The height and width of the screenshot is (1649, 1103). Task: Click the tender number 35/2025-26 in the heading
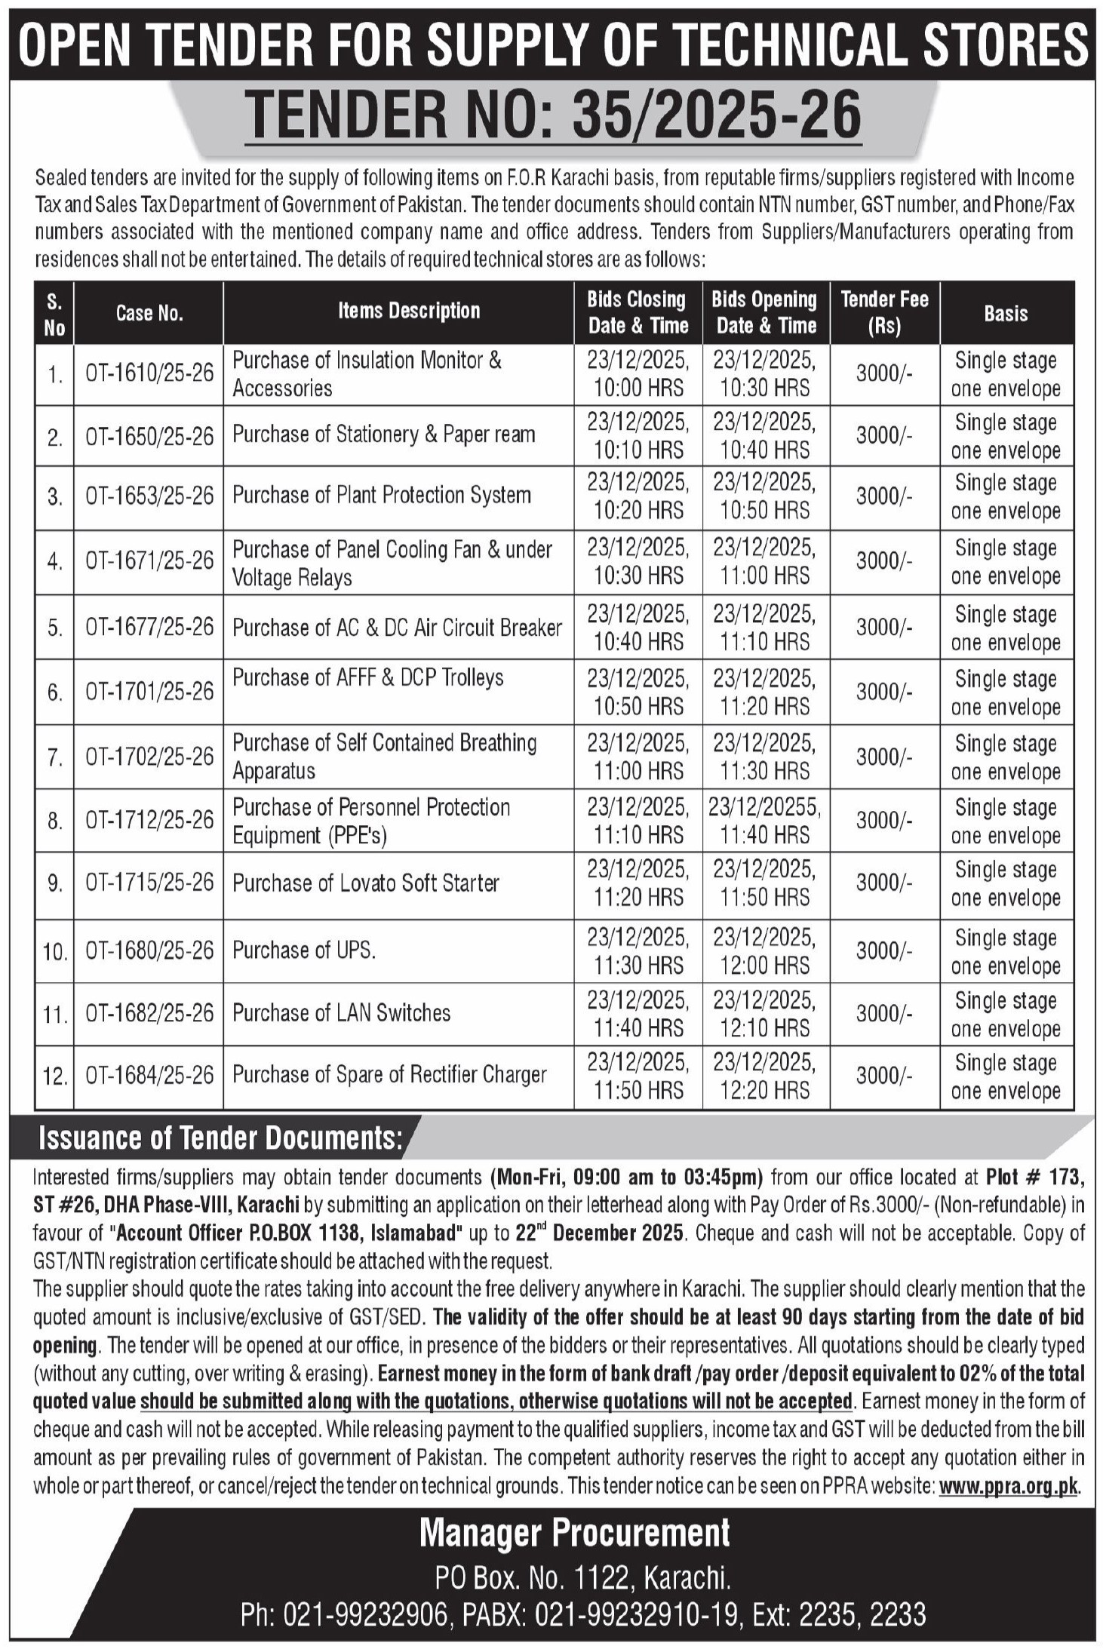tap(716, 115)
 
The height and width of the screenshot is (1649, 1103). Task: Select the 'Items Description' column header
tap(408, 311)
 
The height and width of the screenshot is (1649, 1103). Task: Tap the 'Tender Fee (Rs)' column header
tap(884, 312)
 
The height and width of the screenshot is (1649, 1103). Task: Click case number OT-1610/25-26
tap(149, 373)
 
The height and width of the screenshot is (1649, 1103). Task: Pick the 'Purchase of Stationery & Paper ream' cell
tap(383, 435)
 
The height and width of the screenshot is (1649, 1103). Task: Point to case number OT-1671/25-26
tap(149, 560)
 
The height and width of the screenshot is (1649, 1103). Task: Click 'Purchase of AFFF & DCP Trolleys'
tap(367, 678)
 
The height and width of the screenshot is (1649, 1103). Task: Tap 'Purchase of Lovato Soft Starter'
tap(365, 883)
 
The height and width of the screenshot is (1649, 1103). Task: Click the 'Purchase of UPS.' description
tap(303, 950)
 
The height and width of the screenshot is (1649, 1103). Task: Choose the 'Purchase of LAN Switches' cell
tap(341, 1013)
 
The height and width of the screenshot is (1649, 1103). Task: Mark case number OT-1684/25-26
tap(149, 1076)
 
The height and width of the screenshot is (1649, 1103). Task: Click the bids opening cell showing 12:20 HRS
tap(765, 1076)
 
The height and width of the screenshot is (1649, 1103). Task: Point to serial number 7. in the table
tap(54, 757)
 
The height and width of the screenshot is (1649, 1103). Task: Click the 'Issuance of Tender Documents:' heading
tap(220, 1138)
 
